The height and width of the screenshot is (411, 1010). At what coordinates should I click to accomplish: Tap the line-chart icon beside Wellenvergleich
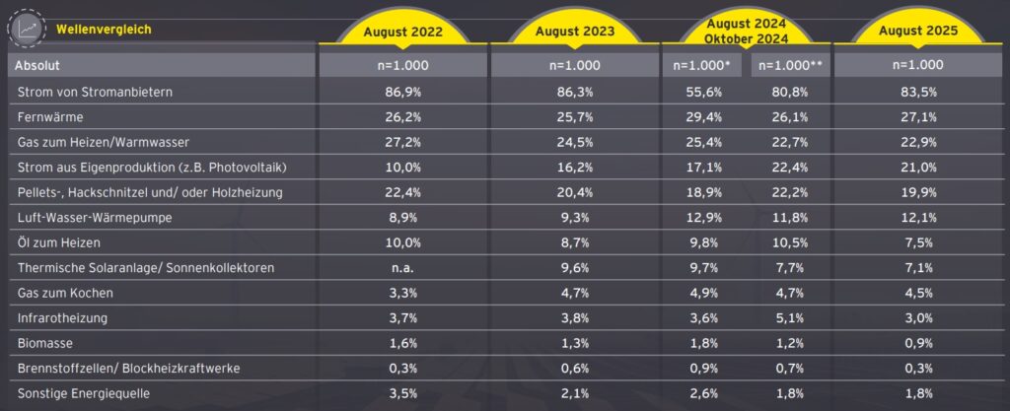[x=27, y=29]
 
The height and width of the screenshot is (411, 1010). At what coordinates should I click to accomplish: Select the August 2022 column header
[x=402, y=32]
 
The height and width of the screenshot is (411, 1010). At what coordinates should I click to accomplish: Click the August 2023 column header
[x=575, y=32]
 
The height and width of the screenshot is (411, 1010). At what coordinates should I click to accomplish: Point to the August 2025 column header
[x=920, y=32]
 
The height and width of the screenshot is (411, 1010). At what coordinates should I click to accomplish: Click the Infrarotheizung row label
[x=62, y=317]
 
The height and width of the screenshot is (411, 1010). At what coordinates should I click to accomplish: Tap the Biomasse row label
[x=47, y=343]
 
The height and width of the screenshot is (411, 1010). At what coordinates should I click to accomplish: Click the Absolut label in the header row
[x=37, y=65]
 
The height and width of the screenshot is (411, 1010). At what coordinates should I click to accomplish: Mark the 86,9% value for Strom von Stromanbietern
[x=402, y=92]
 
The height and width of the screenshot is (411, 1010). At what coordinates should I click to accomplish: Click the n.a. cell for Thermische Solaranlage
[x=402, y=268]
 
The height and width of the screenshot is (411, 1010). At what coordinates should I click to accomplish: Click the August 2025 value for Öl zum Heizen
[x=920, y=242]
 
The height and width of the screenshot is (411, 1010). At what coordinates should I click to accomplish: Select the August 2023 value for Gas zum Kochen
[x=575, y=293]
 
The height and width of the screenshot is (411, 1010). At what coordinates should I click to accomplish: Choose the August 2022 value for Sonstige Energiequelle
[x=402, y=393]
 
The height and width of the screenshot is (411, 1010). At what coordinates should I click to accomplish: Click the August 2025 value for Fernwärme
[x=920, y=117]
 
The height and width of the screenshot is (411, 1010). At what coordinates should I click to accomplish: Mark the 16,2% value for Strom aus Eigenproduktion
[x=575, y=168]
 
